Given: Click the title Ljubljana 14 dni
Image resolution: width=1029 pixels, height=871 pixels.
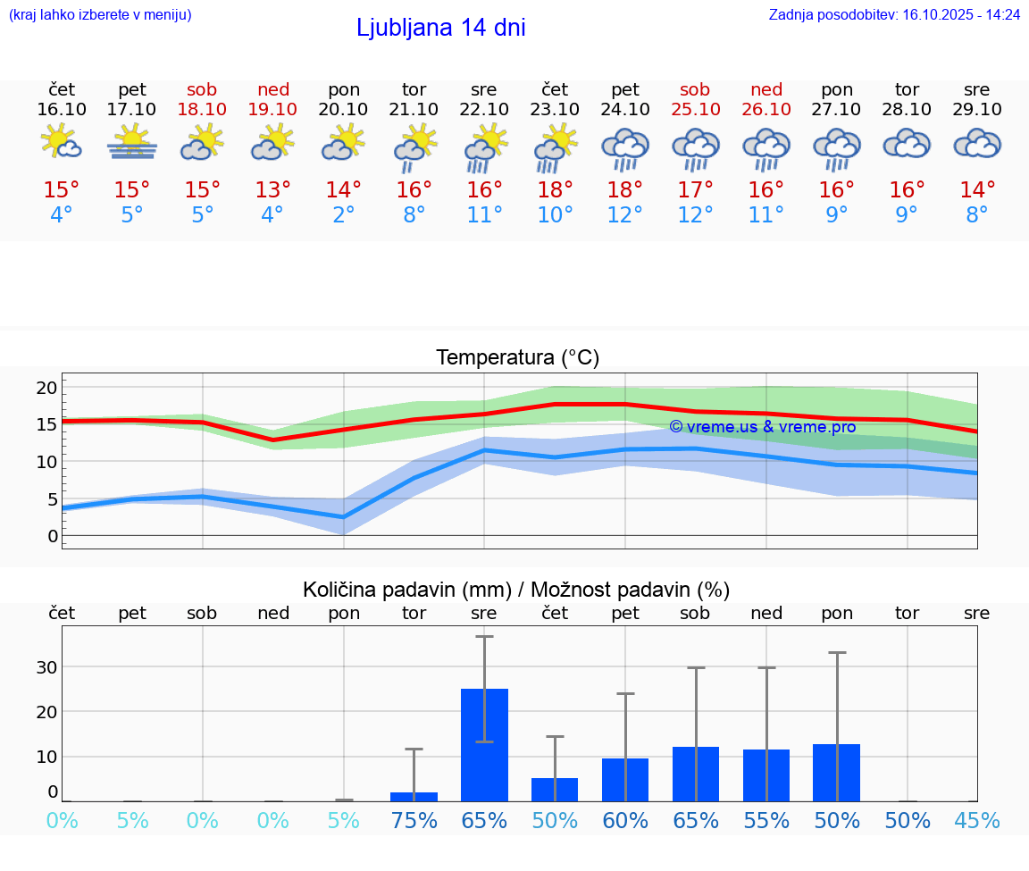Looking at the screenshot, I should (x=440, y=28).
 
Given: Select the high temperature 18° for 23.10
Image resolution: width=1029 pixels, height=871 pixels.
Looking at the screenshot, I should (x=555, y=190).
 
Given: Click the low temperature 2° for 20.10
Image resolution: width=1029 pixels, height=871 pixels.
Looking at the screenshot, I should (x=343, y=215).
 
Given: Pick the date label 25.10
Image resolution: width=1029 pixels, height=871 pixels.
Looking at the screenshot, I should (x=695, y=109).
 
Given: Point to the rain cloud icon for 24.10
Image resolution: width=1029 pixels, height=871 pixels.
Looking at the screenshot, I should (x=625, y=147).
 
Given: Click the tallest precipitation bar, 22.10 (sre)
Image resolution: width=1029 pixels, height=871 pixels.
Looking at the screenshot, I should (x=484, y=744).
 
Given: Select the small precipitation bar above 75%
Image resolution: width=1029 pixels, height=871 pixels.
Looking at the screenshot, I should (x=414, y=796).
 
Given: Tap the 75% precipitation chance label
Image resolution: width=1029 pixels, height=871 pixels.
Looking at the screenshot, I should (x=414, y=821).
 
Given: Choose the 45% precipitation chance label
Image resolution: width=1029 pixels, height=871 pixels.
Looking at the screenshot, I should (x=977, y=821).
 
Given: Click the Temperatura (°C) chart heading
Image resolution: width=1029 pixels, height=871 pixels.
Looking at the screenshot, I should (x=517, y=358).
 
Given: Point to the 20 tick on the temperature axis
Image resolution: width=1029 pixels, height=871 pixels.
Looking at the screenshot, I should (x=46, y=388).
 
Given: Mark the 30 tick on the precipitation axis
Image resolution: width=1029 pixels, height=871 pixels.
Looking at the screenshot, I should (x=46, y=667).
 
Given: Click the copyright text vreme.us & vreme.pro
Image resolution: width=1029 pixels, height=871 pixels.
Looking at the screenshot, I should (x=762, y=427).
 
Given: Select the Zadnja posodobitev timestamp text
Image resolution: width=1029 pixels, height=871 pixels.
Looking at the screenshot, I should (x=894, y=15).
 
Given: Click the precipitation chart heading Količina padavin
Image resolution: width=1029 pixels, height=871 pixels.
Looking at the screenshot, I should (x=516, y=590).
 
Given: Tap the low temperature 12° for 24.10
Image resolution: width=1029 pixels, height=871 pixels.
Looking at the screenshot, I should (x=625, y=215).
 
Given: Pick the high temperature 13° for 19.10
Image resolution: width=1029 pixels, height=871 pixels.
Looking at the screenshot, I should (x=272, y=190).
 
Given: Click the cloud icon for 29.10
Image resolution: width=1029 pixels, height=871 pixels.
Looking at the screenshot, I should (x=977, y=144).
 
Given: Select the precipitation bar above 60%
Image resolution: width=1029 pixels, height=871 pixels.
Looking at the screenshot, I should (x=625, y=779).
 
